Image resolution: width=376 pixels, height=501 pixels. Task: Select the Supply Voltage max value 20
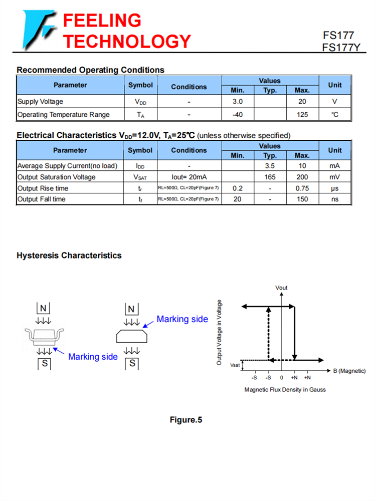pyautogui.click(x=302, y=102)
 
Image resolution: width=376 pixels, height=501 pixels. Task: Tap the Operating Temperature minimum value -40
pyautogui.click(x=238, y=115)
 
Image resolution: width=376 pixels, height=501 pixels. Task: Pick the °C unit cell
pyautogui.click(x=335, y=115)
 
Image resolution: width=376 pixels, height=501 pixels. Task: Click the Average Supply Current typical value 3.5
pyautogui.click(x=270, y=166)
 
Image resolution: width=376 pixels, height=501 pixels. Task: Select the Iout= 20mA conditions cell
pyautogui.click(x=189, y=177)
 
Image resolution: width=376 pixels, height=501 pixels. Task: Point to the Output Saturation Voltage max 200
pyautogui.click(x=302, y=177)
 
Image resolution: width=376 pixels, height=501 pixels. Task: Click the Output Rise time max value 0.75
pyautogui.click(x=302, y=188)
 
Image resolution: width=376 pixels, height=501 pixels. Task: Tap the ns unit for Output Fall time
pyautogui.click(x=334, y=199)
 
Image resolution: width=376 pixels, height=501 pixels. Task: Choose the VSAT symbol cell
pyautogui.click(x=140, y=177)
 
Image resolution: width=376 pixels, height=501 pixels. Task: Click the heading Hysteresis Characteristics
pyautogui.click(x=69, y=256)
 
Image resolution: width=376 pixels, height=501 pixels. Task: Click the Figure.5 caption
pyautogui.click(x=185, y=420)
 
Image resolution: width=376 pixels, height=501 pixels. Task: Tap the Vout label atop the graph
pyautogui.click(x=282, y=288)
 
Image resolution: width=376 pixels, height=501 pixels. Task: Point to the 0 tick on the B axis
pyautogui.click(x=282, y=377)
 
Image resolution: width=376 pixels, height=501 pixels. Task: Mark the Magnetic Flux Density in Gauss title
pyautogui.click(x=285, y=389)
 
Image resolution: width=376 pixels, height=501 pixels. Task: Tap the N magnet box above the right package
pyautogui.click(x=132, y=308)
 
